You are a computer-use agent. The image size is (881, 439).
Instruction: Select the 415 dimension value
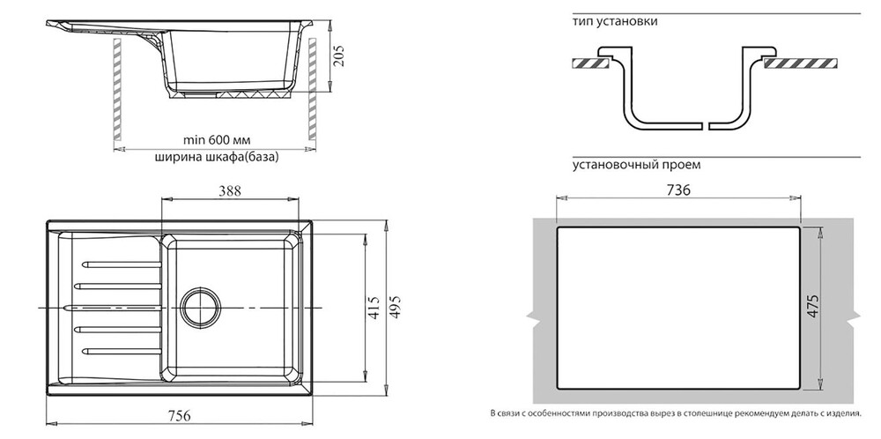(x=374, y=307)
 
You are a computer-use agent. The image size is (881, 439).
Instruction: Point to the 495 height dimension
(x=396, y=307)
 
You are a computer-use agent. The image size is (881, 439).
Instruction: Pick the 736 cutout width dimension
(x=677, y=190)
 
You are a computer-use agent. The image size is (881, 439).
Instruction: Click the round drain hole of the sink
(x=199, y=307)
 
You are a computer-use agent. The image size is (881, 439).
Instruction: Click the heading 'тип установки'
(x=614, y=21)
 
